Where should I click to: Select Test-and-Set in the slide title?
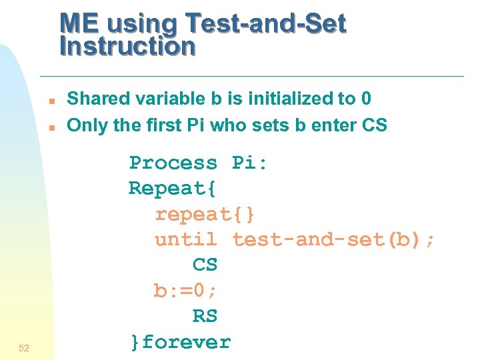[x=266, y=24]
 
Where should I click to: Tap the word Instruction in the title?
[x=127, y=46]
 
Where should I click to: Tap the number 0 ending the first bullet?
[x=365, y=99]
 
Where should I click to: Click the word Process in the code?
[x=173, y=163]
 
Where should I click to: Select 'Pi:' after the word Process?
[x=250, y=163]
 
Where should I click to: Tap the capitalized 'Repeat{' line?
[x=173, y=188]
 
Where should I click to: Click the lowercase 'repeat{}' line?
[x=205, y=214]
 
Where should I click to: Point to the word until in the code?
[x=186, y=239]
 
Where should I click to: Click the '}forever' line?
[x=180, y=342]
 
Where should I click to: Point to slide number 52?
[x=24, y=348]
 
